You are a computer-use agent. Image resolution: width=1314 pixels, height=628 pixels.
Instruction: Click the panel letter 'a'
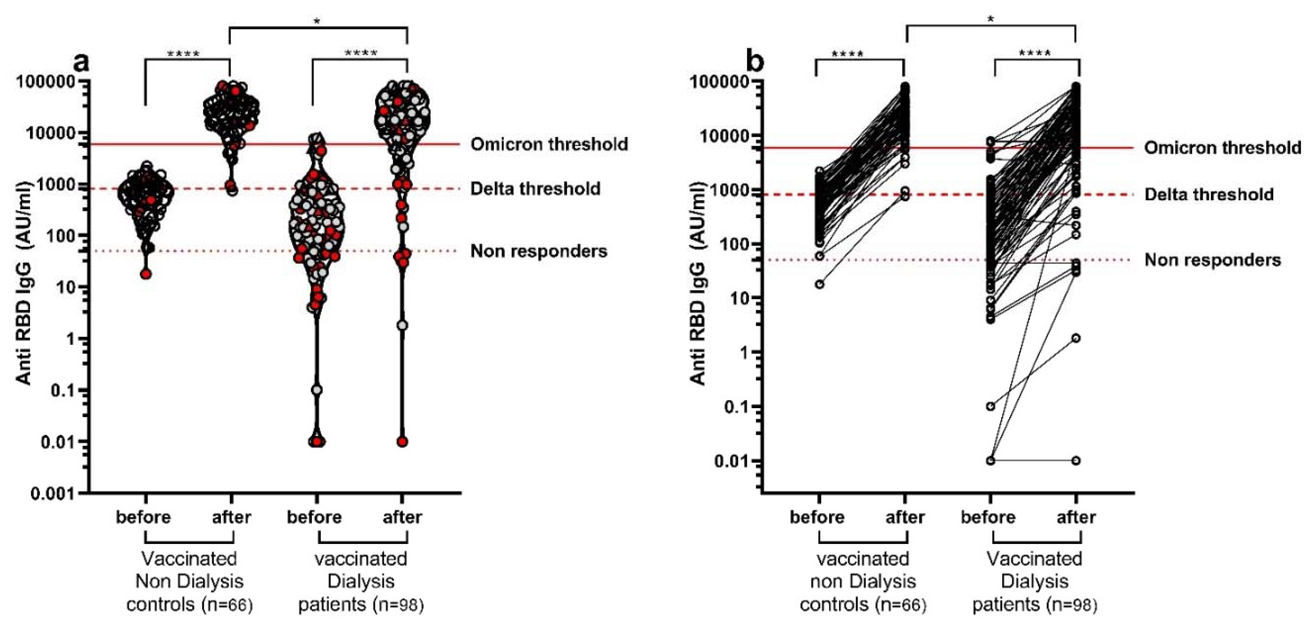pos(81,62)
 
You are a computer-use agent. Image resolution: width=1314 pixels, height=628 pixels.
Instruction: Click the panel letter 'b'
pos(755,62)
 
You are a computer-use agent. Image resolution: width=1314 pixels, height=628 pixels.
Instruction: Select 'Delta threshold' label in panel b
pos(1209,194)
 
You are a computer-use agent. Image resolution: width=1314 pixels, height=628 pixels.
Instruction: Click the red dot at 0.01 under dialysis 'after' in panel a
pos(403,441)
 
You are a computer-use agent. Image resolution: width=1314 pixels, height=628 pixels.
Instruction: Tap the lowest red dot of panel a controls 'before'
pos(146,274)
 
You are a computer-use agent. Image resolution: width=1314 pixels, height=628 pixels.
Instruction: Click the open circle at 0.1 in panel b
pos(990,407)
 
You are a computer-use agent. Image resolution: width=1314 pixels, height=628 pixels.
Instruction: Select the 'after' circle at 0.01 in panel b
pos(1076,461)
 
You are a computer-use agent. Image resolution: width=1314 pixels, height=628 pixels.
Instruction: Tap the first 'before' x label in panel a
pos(143,517)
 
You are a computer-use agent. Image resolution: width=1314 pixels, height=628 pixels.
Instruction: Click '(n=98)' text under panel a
pos(398,605)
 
